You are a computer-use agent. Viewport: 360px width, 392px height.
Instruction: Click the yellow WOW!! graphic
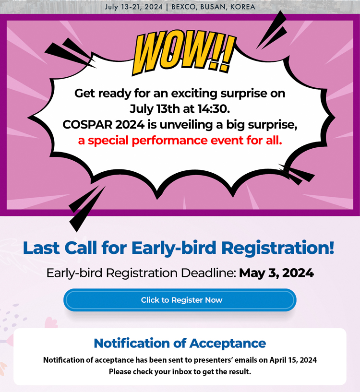pos(184,52)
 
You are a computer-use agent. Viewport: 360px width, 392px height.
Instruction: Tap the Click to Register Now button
pos(180,300)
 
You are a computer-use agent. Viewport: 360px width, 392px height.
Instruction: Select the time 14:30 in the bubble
pos(214,109)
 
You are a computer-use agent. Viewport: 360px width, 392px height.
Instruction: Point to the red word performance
pos(169,141)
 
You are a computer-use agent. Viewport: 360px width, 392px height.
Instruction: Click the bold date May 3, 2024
pos(276,273)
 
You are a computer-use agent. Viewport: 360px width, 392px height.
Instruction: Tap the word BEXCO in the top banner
pos(183,7)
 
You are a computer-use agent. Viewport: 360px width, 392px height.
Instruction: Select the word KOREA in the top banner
pos(243,7)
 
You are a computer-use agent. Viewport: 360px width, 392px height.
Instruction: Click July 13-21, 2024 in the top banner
pos(133,7)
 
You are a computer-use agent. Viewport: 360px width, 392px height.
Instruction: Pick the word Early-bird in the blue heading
pos(174,248)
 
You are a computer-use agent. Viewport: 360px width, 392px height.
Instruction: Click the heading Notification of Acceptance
pos(180,343)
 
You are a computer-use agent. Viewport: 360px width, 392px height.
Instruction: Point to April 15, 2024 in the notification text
pos(293,360)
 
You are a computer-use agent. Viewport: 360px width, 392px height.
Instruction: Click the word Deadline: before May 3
pos(209,273)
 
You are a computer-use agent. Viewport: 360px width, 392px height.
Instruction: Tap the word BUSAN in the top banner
pos(213,7)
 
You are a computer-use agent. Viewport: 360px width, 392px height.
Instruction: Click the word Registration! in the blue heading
pos(278,248)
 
